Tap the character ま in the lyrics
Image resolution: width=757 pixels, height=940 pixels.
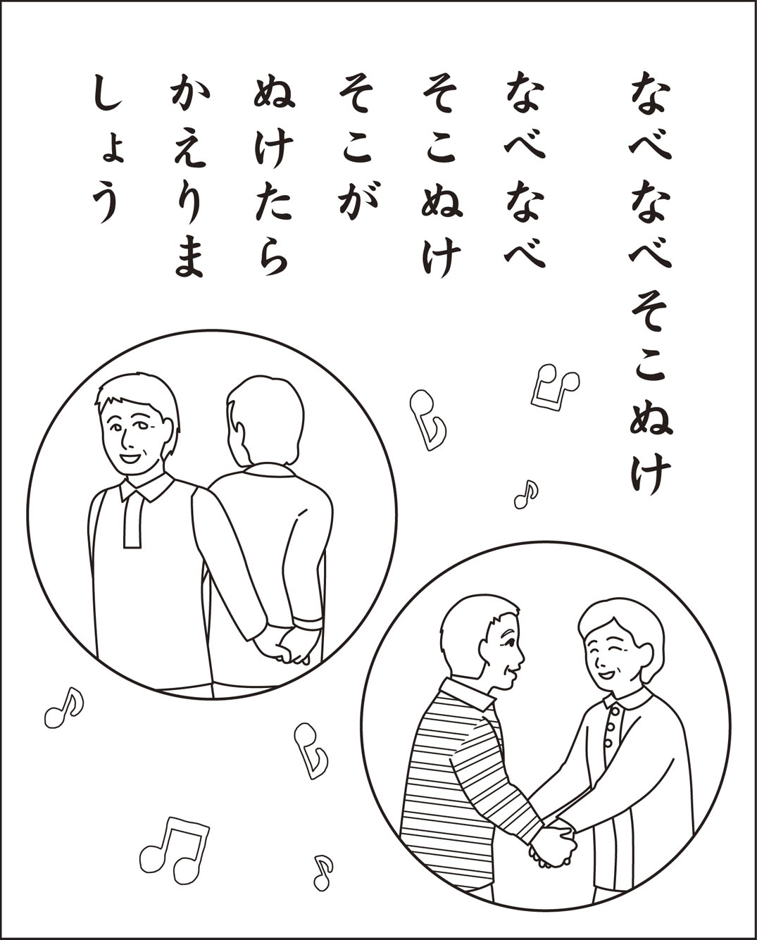click(189, 258)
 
